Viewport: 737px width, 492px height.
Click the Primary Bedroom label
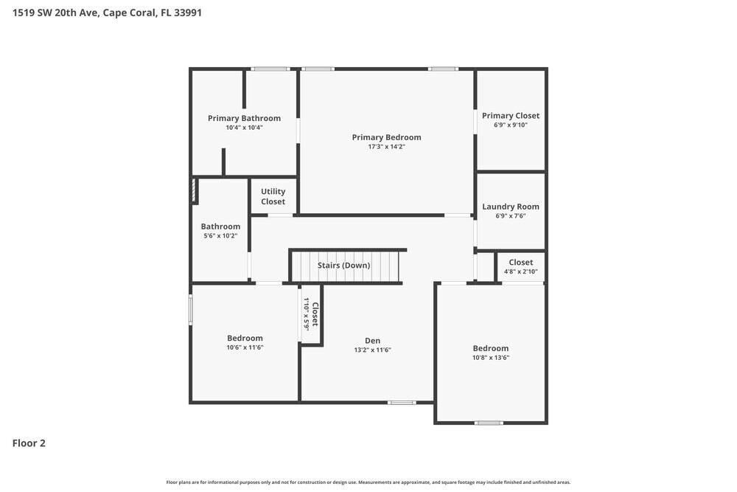[x=386, y=137]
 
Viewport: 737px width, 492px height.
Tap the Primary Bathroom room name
[x=244, y=118]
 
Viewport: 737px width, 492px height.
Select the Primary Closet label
[x=511, y=116]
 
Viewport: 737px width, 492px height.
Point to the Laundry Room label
[x=511, y=207]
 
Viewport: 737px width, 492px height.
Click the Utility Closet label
[x=273, y=196]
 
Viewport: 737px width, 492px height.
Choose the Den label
[x=373, y=340]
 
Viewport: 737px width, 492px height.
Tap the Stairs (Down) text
[x=343, y=265]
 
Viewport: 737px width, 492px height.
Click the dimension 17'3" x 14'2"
[x=386, y=147]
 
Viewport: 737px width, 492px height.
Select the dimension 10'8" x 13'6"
[x=491, y=358]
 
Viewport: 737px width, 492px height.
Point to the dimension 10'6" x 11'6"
[x=245, y=347]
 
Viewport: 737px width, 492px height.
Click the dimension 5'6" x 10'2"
[x=220, y=236]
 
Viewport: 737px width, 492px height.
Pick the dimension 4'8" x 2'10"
[x=520, y=271]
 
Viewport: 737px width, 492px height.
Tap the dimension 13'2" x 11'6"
[x=373, y=350]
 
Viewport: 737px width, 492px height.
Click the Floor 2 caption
[x=29, y=443]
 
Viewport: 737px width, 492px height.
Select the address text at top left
[x=108, y=13]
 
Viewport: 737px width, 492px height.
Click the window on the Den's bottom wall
[x=402, y=402]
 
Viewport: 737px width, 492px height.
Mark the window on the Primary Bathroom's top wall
[x=270, y=69]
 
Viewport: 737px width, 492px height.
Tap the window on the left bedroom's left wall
[x=191, y=309]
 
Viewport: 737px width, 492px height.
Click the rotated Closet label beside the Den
[x=315, y=314]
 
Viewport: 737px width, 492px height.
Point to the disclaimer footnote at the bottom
[x=368, y=482]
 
